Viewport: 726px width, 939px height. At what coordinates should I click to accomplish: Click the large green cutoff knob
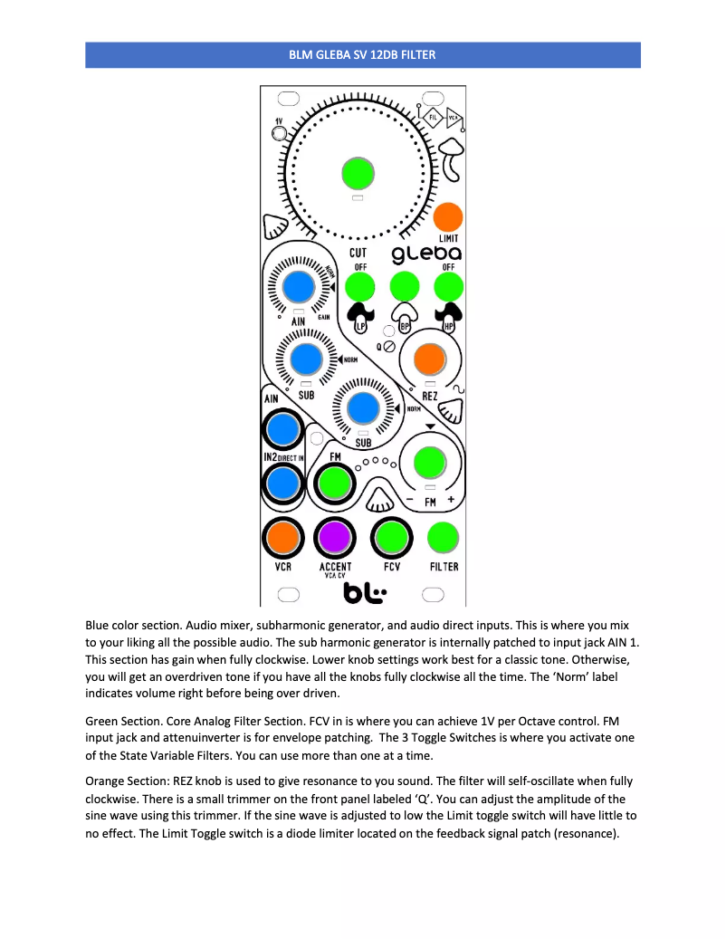[x=358, y=172]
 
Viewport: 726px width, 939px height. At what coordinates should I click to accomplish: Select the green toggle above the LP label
[x=359, y=288]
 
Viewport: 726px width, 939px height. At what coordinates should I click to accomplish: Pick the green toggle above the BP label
[x=404, y=288]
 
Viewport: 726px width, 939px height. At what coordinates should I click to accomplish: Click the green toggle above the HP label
[x=448, y=288]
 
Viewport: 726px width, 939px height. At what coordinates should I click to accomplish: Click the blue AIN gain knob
[x=298, y=288]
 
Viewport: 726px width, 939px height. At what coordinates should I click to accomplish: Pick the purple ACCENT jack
[x=335, y=537]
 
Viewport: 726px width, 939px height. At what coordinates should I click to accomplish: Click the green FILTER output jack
[x=444, y=537]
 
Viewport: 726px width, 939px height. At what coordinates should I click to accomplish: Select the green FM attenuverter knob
[x=428, y=463]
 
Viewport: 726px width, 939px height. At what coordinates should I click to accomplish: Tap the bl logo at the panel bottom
[x=364, y=593]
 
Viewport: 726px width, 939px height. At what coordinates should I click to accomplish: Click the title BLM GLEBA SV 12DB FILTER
[x=362, y=55]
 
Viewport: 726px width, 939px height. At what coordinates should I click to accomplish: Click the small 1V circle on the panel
[x=279, y=136]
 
